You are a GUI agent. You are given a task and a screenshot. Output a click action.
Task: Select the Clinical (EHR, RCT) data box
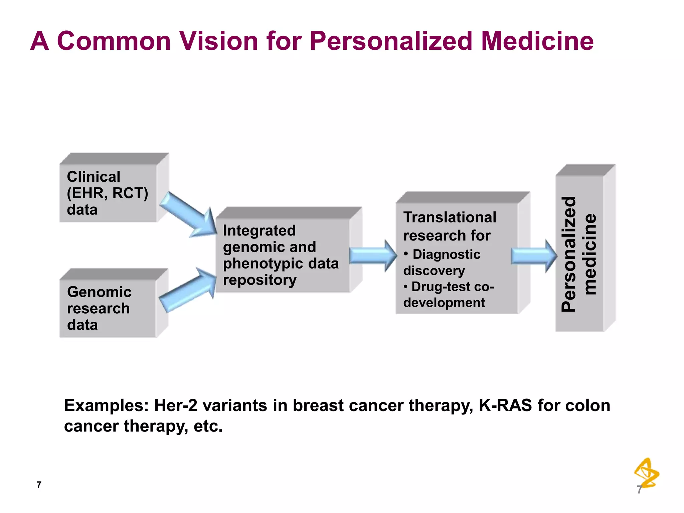108,193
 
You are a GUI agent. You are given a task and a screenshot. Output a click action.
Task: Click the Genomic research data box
108,308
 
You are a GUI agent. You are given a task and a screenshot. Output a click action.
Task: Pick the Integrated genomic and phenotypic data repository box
283,255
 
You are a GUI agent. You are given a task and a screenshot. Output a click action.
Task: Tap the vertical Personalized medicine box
579,253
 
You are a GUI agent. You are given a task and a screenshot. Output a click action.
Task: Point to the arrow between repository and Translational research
373,255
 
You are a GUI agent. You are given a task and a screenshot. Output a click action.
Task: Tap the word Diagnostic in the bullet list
446,254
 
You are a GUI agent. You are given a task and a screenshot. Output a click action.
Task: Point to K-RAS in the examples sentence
505,405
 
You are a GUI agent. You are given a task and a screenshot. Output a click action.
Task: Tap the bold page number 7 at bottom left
39,485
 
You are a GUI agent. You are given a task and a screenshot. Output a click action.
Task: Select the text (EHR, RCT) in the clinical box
108,193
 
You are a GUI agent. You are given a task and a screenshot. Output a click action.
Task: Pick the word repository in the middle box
260,280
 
